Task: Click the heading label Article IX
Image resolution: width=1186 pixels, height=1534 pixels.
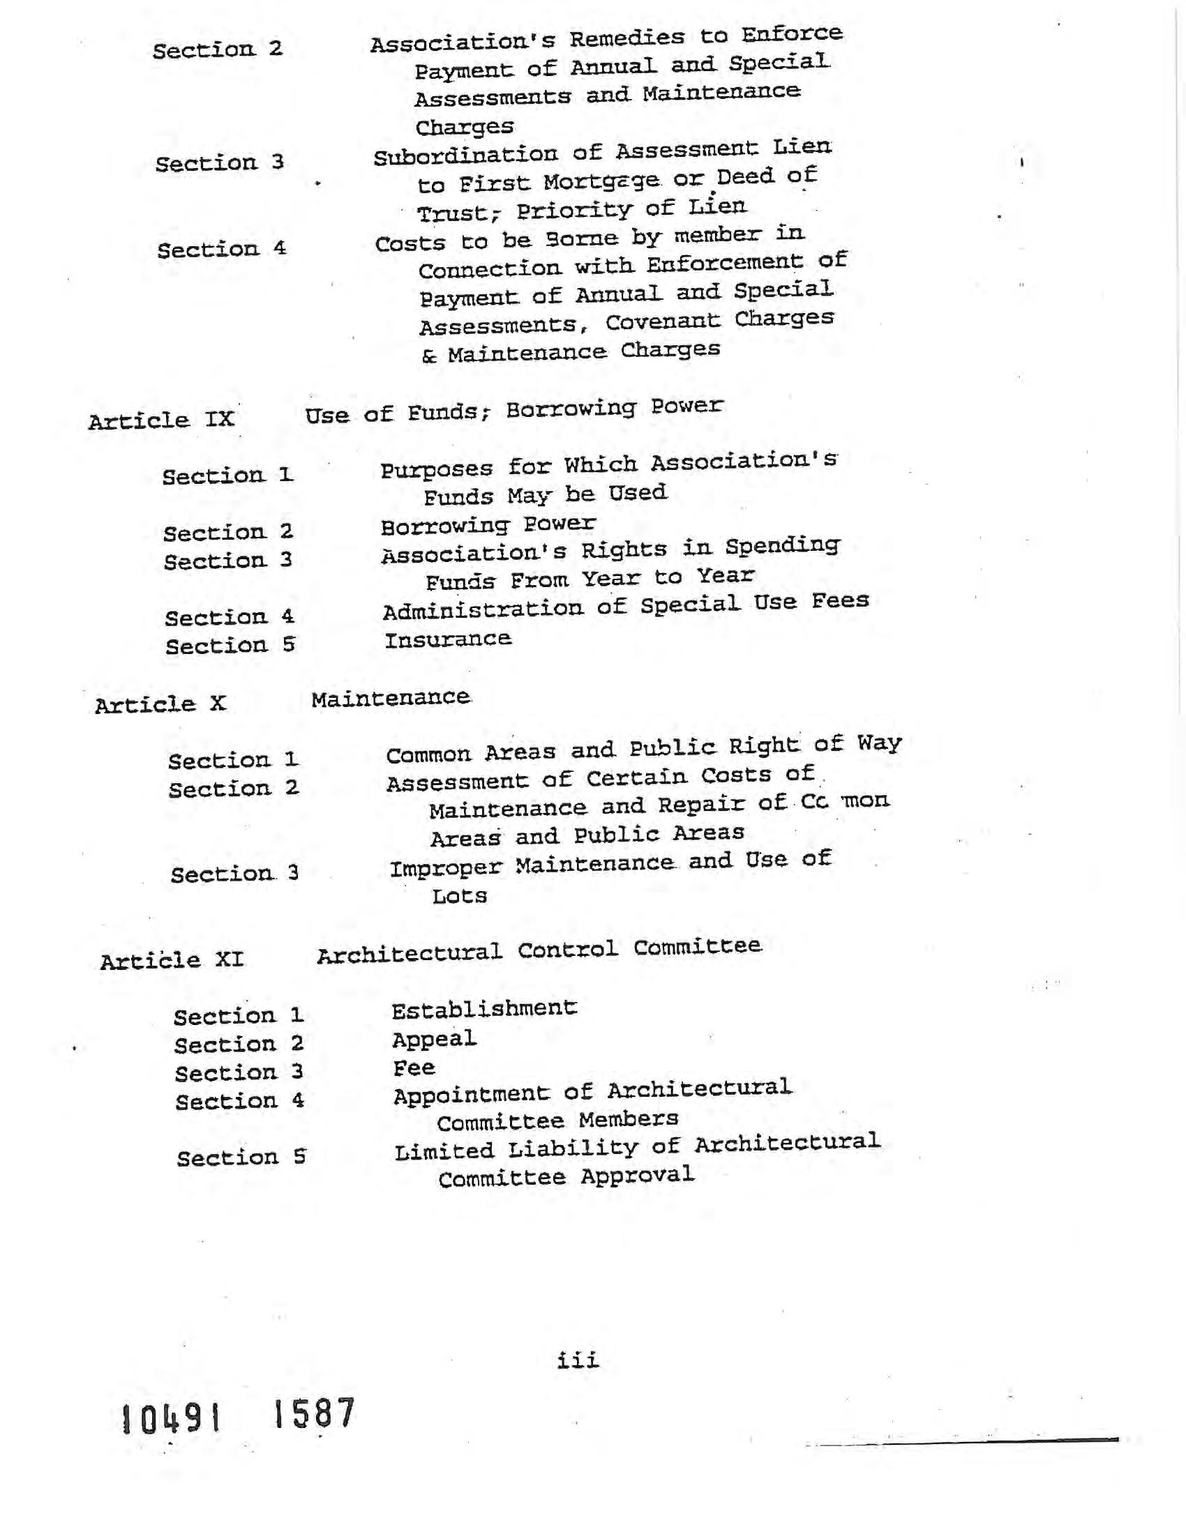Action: tap(161, 420)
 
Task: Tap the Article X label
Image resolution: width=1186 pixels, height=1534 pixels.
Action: tap(160, 704)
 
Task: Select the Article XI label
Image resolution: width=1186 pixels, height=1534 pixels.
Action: tap(172, 960)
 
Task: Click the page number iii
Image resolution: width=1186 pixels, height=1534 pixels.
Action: tap(578, 1360)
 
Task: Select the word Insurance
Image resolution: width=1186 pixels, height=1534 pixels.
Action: tap(448, 639)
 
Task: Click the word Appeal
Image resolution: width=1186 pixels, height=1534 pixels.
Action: tap(434, 1040)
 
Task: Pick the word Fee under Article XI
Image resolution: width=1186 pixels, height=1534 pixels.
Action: tap(414, 1068)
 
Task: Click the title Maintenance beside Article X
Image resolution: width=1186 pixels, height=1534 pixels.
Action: tap(391, 698)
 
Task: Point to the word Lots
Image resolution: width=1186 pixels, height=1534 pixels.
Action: tap(460, 896)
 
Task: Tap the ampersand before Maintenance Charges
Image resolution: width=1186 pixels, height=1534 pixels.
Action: tap(428, 356)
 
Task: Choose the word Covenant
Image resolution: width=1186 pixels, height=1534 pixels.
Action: tap(663, 321)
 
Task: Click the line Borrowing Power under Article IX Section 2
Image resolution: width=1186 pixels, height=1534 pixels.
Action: tap(488, 524)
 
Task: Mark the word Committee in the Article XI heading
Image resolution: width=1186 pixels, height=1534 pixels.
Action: tap(697, 947)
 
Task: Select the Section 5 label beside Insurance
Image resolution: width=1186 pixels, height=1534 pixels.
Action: tap(230, 646)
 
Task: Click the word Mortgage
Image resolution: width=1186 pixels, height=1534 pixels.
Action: tap(601, 182)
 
